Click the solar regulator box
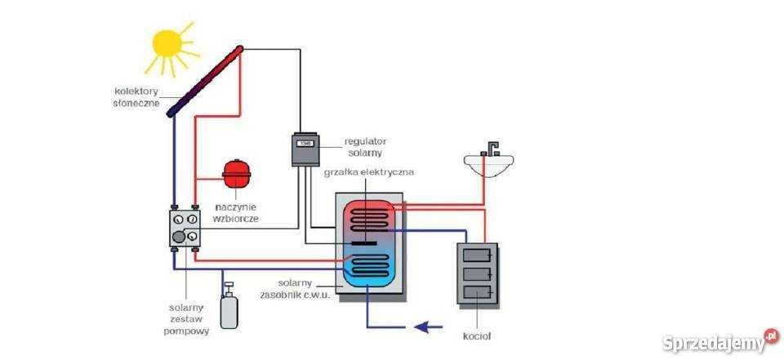click(305, 150)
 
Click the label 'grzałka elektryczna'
click(369, 173)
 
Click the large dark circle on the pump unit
click(178, 238)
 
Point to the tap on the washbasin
click(490, 148)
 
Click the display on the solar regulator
click(306, 144)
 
